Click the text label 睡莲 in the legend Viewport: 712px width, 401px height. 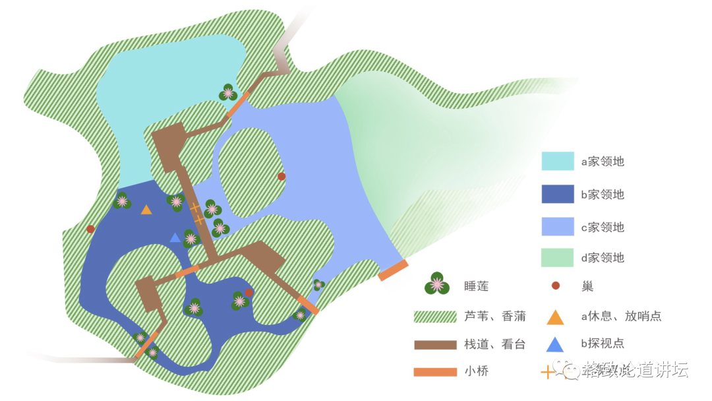477,286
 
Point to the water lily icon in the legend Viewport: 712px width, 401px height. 436,284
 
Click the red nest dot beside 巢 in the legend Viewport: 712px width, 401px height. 556,286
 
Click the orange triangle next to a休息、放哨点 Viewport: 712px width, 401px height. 556,317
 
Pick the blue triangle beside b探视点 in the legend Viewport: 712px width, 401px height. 556,344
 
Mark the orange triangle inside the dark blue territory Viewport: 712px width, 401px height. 146,210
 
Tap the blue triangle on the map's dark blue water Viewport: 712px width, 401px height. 175,237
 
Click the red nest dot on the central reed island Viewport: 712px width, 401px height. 282,176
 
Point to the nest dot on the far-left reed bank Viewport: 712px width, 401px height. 90,229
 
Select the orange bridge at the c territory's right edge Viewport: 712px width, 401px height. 394,270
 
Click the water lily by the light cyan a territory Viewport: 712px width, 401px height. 228,93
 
